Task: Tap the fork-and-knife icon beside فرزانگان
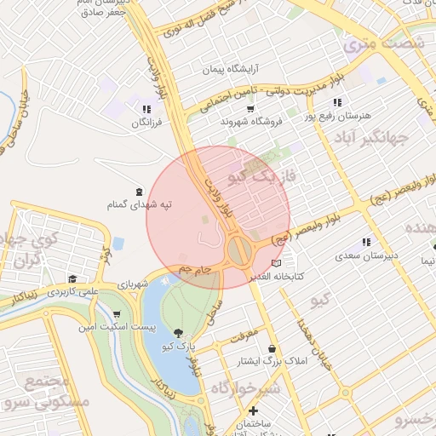pyautogui.click(x=147, y=109)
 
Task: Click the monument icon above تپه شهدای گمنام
pyautogui.click(x=140, y=191)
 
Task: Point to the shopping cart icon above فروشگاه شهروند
pyautogui.click(x=250, y=109)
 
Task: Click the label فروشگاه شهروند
pyautogui.click(x=251, y=122)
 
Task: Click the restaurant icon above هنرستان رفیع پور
pyautogui.click(x=338, y=103)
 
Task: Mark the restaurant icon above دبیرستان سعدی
pyautogui.click(x=366, y=242)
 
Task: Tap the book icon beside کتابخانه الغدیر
pyautogui.click(x=274, y=263)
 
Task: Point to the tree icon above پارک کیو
pyautogui.click(x=178, y=333)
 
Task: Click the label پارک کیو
pyautogui.click(x=178, y=347)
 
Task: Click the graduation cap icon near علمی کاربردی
pyautogui.click(x=72, y=278)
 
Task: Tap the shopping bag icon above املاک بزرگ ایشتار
pyautogui.click(x=272, y=348)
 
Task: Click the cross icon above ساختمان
pyautogui.click(x=253, y=411)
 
